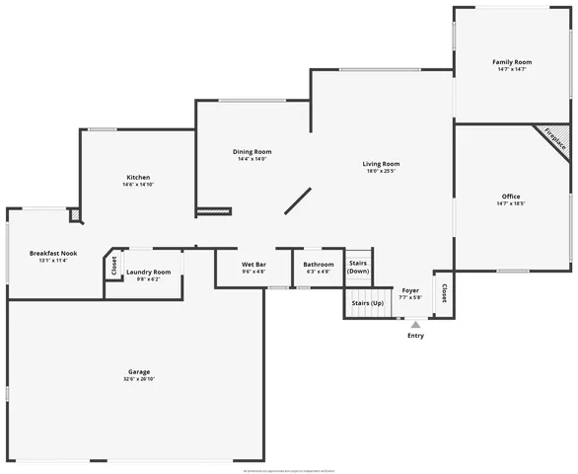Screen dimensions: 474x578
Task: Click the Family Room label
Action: [x=511, y=62]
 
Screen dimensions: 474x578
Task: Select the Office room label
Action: [x=511, y=197]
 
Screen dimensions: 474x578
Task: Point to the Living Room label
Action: [x=381, y=164]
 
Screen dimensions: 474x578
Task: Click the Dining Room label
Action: [x=252, y=151]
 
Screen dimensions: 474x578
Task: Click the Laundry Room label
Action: [x=148, y=272]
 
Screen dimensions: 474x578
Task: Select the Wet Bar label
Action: [x=253, y=265]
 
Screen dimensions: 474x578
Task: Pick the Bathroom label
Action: [x=318, y=265]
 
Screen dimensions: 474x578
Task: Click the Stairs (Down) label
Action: [x=358, y=267]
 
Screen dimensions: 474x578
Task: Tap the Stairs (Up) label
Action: [x=365, y=302]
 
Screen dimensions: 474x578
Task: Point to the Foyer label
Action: [x=410, y=290]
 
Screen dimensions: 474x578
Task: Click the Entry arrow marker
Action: [x=415, y=324]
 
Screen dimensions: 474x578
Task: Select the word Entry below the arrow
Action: [x=415, y=336]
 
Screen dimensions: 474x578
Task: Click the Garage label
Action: [x=138, y=371]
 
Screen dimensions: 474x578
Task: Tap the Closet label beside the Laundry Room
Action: [x=114, y=265]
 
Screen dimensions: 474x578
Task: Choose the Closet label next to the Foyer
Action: [x=444, y=293]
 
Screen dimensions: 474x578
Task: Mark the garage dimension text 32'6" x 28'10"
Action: [x=138, y=379]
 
